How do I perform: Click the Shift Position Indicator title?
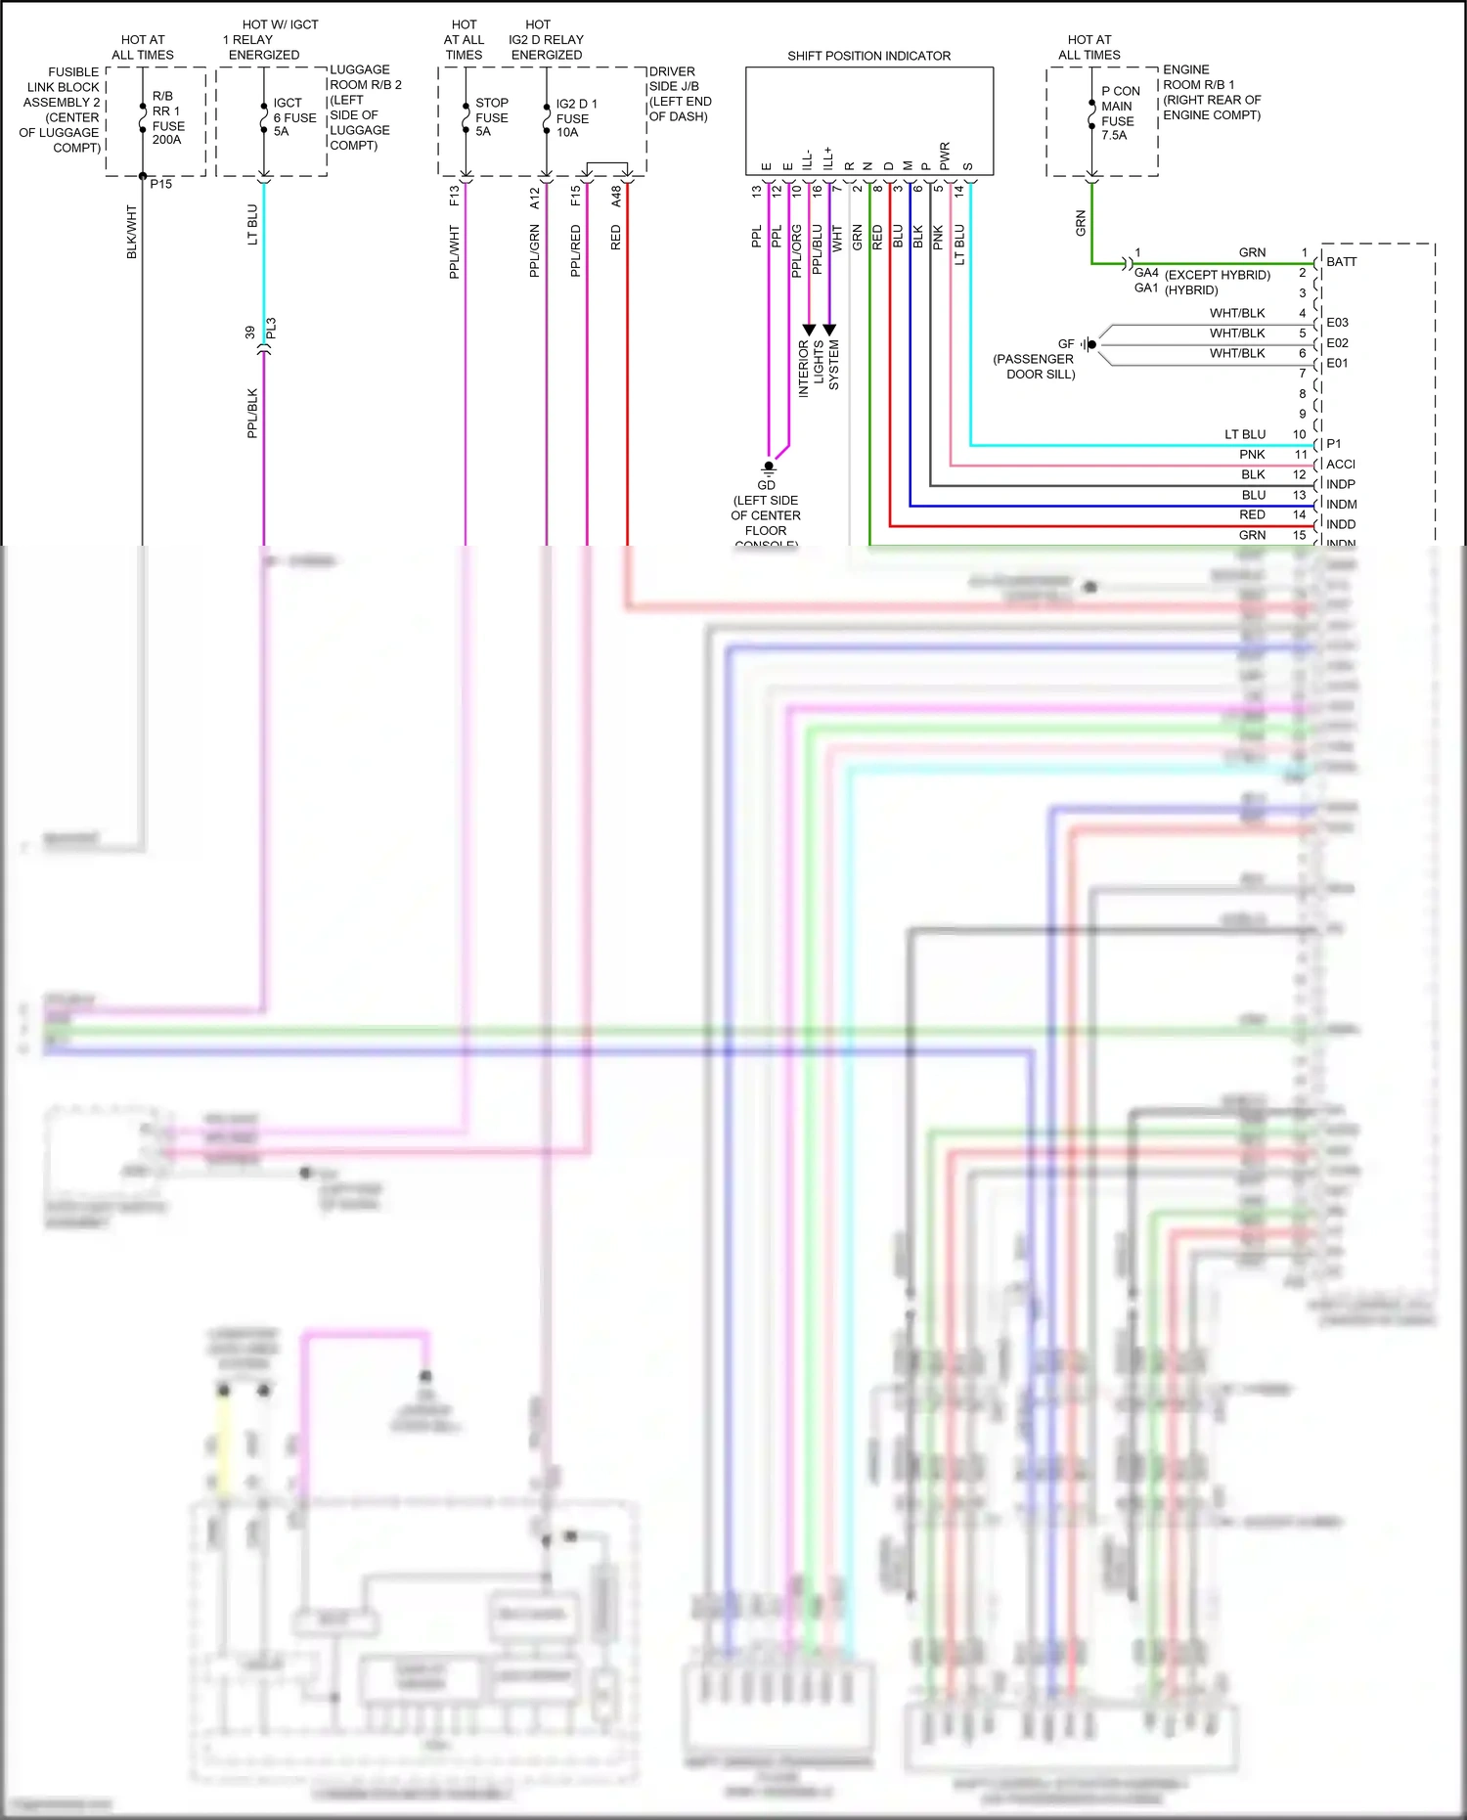[868, 56]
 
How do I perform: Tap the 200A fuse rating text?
[166, 140]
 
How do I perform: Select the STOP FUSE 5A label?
[491, 116]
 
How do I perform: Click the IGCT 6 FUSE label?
[293, 116]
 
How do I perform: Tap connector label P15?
[161, 184]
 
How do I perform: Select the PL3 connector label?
[271, 329]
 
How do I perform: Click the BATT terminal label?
[1341, 262]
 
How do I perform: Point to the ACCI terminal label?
[1340, 465]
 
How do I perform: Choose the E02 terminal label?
[1337, 343]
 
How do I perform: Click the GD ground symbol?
[769, 466]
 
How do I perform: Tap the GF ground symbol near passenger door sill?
[1089, 344]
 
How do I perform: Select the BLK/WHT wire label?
[132, 232]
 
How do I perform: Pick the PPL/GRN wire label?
[534, 251]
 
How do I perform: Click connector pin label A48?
[616, 197]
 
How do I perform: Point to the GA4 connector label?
[1146, 273]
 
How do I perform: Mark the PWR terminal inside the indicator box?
[945, 155]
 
